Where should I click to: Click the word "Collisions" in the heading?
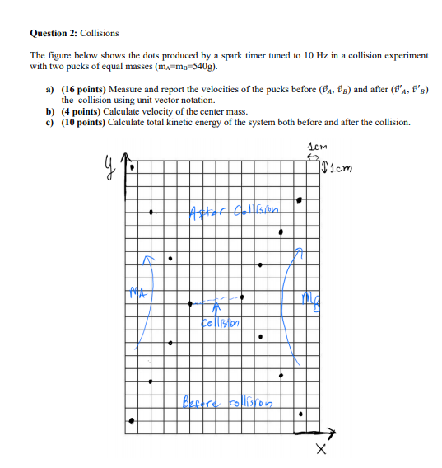(x=99, y=33)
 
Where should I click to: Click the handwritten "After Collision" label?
(x=235, y=207)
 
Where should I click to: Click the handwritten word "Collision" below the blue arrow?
(x=220, y=321)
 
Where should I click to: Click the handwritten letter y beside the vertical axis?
(x=108, y=167)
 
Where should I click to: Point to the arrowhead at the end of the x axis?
(x=333, y=431)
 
